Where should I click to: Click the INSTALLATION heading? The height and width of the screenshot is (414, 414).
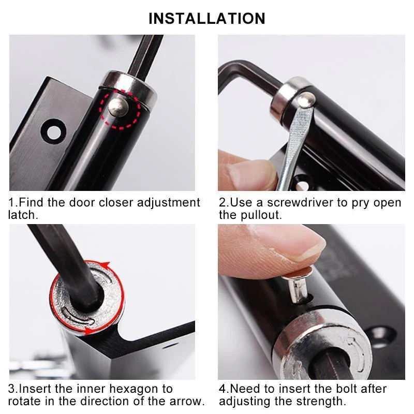click(207, 18)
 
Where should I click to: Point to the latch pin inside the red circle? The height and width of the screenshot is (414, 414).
click(118, 105)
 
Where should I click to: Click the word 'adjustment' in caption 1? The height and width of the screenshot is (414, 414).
click(168, 202)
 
